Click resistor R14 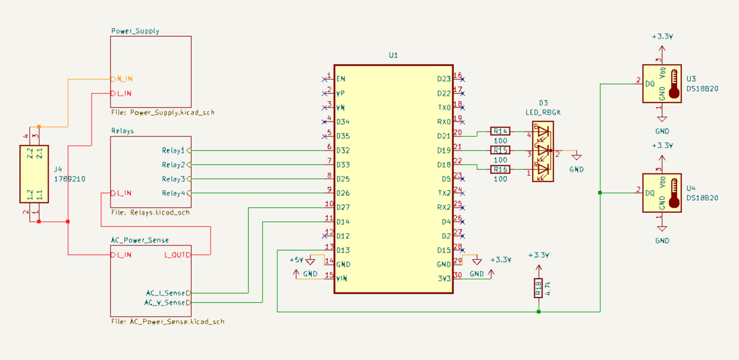coord(500,131)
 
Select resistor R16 coord(500,170)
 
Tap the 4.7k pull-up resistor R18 coord(538,288)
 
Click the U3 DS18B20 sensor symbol coord(662,84)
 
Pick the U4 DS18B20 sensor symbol coord(662,193)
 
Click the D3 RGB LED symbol coord(543,151)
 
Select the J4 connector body coord(34,174)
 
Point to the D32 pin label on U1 coord(343,151)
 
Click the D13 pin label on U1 coord(343,250)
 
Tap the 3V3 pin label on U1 coord(444,279)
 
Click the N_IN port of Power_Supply coord(124,79)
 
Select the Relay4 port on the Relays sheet coord(173,193)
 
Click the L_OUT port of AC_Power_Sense coord(176,255)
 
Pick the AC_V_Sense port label coord(165,303)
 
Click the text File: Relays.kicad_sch coord(150,213)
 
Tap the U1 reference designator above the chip coord(393,56)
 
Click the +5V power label coord(296,260)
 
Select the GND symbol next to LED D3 coord(576,156)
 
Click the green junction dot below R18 coord(538,312)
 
